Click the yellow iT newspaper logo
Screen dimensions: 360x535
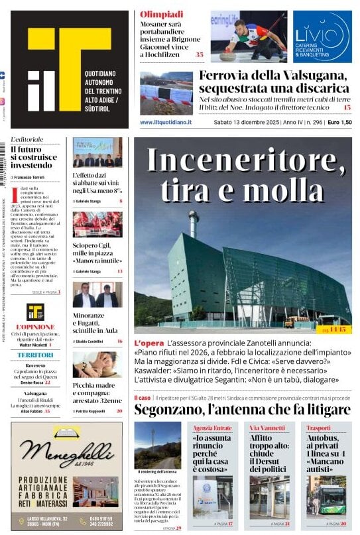pos(69,69)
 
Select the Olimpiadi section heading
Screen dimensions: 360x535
pos(162,14)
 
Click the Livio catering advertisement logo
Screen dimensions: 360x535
pos(322,36)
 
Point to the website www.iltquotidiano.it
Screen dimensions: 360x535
pos(166,123)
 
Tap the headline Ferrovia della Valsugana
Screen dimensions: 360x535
pos(273,81)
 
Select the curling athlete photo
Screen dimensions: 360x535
pos(249,36)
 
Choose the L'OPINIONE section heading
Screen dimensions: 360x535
pos(35,327)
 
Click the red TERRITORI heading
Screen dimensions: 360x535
pos(35,355)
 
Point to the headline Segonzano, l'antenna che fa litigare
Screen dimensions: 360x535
pos(242,410)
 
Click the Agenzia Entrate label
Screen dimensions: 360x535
pos(213,428)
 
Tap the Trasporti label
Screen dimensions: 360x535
pos(319,428)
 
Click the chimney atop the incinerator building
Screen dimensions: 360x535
pos(194,223)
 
